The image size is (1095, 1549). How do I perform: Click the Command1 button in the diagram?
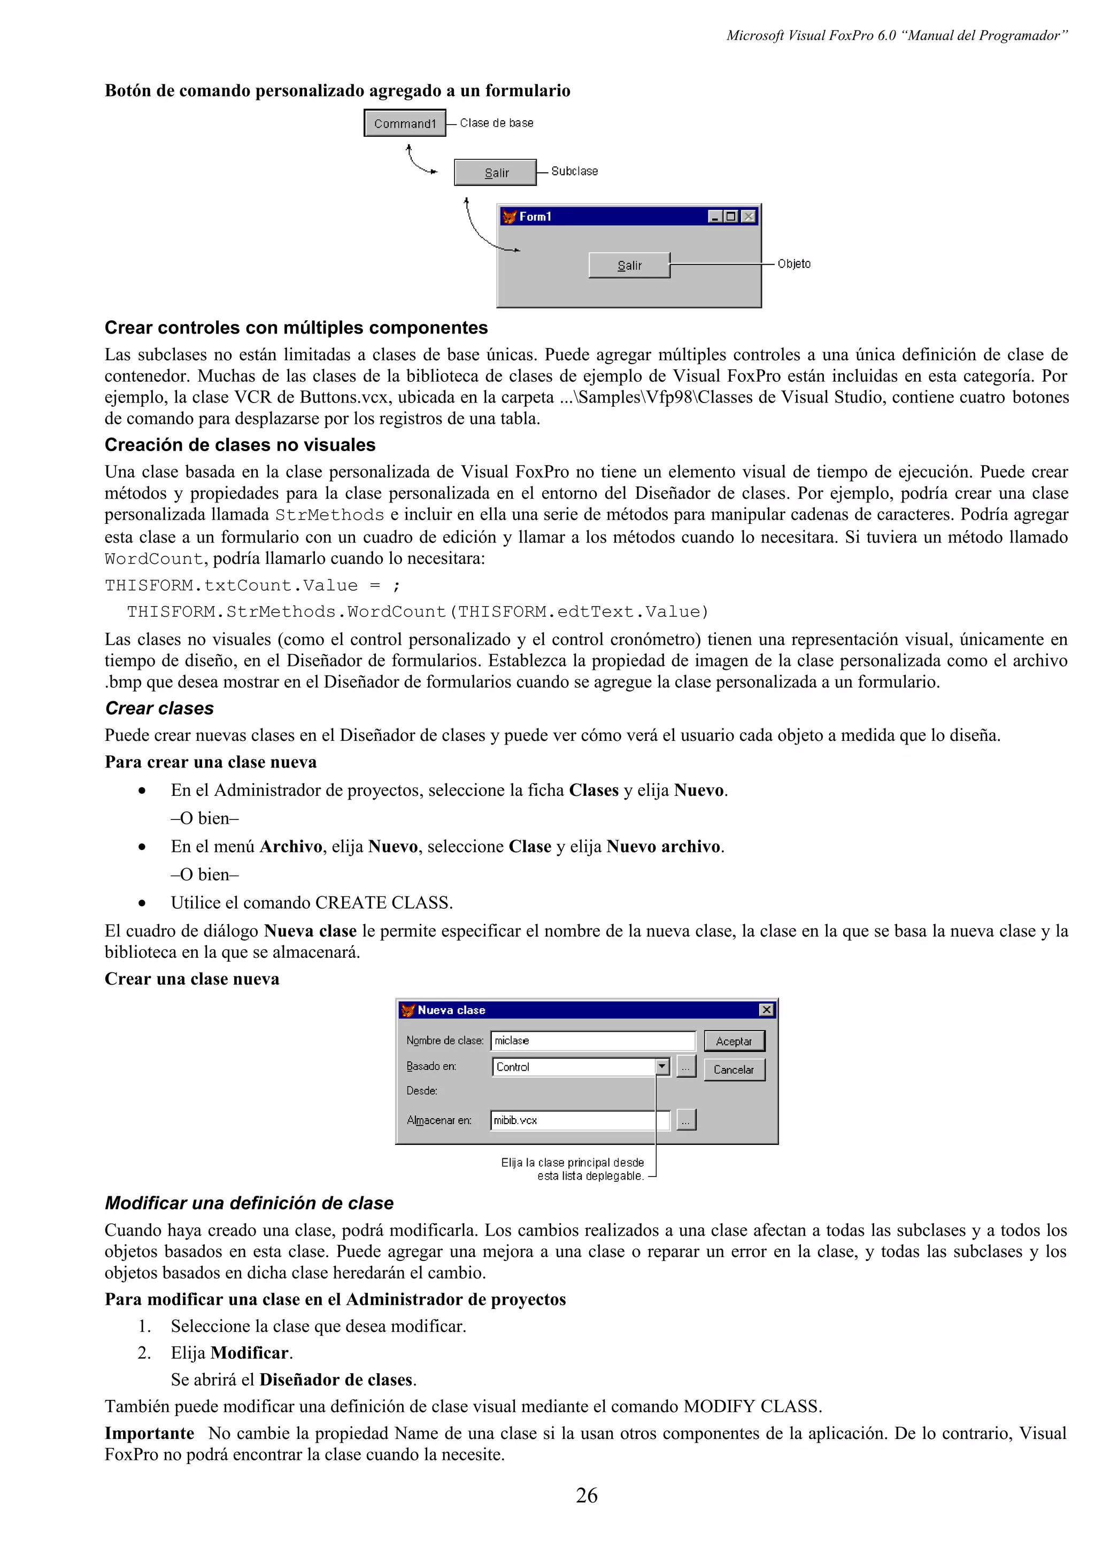(x=405, y=123)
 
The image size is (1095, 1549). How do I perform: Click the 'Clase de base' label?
(x=497, y=123)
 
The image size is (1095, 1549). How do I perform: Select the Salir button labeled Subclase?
(x=495, y=173)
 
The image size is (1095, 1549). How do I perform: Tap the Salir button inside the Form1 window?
(x=629, y=265)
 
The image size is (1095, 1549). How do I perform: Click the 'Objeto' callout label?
(x=793, y=264)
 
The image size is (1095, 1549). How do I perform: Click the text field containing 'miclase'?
(x=592, y=1040)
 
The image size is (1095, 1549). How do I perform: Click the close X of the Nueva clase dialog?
(x=766, y=1010)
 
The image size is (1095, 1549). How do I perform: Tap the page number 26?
(x=587, y=1495)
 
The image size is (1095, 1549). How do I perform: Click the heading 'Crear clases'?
(x=159, y=708)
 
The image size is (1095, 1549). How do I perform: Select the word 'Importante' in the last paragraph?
(x=149, y=1433)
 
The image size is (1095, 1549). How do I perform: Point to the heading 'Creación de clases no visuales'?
(x=240, y=445)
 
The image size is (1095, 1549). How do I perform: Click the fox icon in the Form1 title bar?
(x=510, y=216)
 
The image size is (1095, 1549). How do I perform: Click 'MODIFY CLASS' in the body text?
(x=752, y=1407)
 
